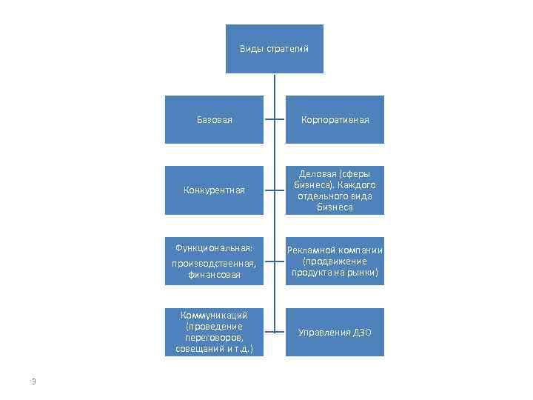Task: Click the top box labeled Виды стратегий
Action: [274, 49]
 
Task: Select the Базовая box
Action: [214, 119]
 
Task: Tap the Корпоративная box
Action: [335, 119]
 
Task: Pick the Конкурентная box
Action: [214, 190]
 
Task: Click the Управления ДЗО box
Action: [335, 333]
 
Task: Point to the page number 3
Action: [33, 381]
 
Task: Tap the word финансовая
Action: [214, 275]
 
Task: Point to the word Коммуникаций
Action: [214, 315]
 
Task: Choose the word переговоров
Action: [214, 337]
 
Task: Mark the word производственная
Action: [214, 263]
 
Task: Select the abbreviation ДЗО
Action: [361, 333]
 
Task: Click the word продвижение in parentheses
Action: [338, 261]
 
